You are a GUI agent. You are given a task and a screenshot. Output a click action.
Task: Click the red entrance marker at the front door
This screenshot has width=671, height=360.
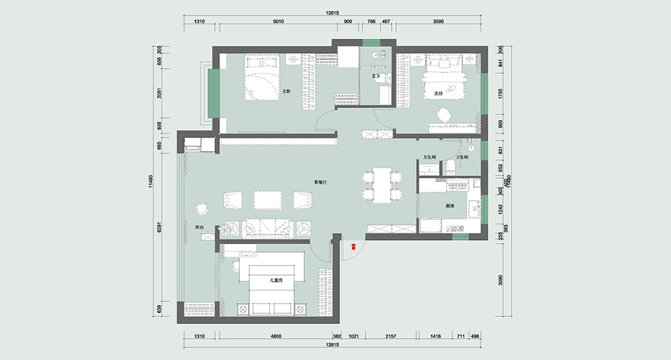click(x=354, y=247)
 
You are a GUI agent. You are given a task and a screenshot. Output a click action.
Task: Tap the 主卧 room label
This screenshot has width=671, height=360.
click(x=287, y=91)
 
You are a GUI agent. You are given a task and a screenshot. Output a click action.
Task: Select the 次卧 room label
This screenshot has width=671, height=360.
click(x=439, y=93)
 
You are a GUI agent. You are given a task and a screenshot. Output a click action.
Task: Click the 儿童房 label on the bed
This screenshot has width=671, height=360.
click(x=276, y=281)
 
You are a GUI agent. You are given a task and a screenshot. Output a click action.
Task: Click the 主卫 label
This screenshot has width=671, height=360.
click(x=376, y=76)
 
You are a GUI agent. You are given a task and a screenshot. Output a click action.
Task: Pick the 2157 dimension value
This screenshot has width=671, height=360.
click(x=391, y=336)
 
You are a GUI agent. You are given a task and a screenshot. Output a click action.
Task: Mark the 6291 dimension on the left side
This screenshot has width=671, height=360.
click(x=159, y=229)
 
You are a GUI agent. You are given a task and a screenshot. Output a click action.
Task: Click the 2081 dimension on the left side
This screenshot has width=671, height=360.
click(x=159, y=94)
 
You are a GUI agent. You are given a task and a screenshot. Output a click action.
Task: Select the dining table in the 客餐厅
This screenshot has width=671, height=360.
click(x=382, y=185)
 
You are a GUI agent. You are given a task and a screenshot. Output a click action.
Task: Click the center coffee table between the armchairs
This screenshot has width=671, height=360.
click(x=267, y=199)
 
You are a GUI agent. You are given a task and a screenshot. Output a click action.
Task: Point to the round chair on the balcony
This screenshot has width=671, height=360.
click(x=202, y=209)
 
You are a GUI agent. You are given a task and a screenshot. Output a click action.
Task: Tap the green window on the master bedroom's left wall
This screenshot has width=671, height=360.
click(x=213, y=94)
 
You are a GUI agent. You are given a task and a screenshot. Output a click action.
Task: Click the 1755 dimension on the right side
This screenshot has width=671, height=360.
click(x=500, y=93)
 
